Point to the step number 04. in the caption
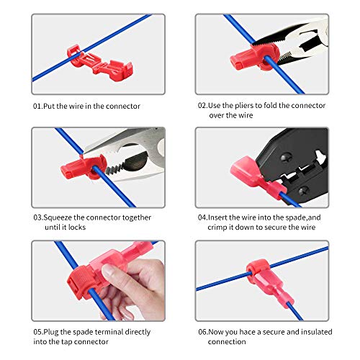203,217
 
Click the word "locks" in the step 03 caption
68,228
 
